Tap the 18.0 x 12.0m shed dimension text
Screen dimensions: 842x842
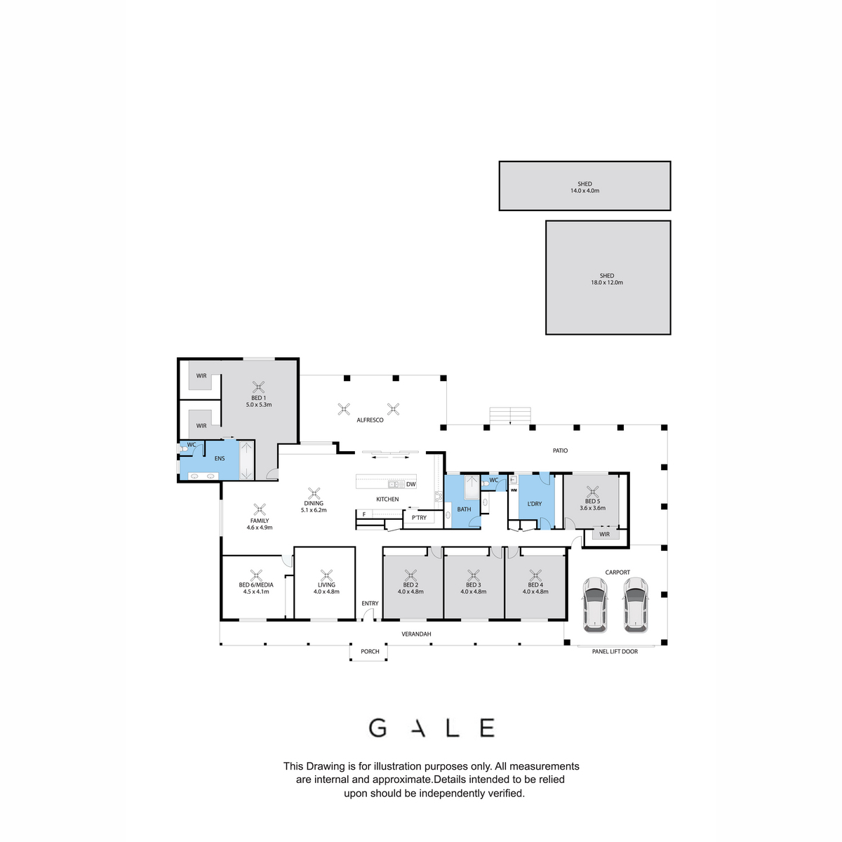pos(606,282)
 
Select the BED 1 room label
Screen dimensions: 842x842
pos(258,398)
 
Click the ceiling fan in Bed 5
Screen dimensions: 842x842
pos(592,491)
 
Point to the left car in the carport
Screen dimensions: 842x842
pos(595,605)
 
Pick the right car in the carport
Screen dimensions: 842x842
pos(635,605)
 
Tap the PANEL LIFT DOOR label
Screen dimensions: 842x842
pos(615,651)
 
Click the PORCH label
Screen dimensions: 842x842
pos(370,651)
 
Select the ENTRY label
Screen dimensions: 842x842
pos(370,603)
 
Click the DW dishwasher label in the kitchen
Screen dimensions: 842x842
pos(410,484)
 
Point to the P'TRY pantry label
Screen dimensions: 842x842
pos(419,517)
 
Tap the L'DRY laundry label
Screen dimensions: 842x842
pos(535,504)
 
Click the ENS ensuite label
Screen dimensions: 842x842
pos(220,458)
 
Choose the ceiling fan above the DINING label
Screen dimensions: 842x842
pos(314,493)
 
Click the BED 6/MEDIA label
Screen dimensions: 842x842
pos(256,584)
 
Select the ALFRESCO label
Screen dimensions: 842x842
pos(370,420)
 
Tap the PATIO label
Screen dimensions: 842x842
pos(560,450)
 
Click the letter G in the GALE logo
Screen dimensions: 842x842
pos(378,728)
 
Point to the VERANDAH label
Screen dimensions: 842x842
pos(416,634)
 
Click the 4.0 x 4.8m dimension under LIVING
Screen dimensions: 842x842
pos(326,592)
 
